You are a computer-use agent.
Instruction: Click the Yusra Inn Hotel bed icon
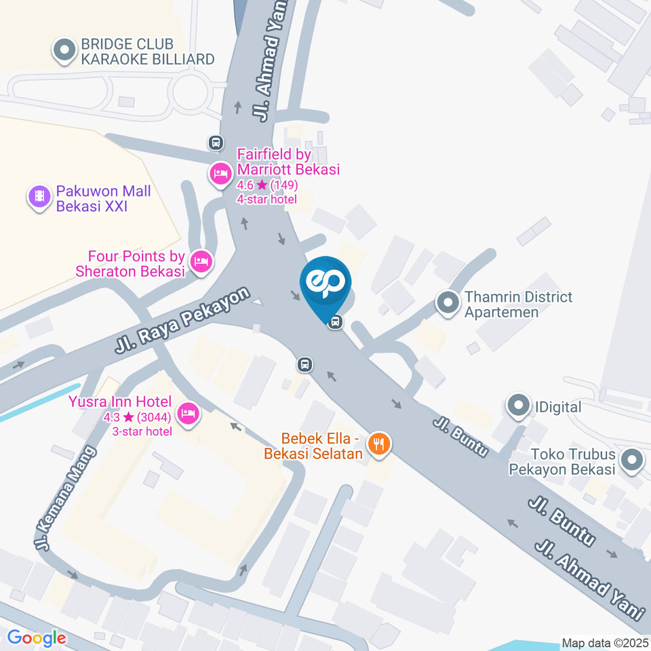[x=188, y=412]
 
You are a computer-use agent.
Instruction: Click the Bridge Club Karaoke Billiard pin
[x=64, y=51]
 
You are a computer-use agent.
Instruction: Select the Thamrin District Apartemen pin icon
[x=448, y=303]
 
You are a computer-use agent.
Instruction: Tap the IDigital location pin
[x=519, y=407]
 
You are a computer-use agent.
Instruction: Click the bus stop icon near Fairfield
[x=216, y=142]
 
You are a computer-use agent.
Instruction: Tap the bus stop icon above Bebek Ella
[x=305, y=365]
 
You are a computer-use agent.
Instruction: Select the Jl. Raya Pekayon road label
[x=182, y=320]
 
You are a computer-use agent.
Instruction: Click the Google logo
[x=37, y=638]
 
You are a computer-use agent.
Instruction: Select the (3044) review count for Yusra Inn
[x=153, y=418]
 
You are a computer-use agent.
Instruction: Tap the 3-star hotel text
[x=142, y=431]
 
